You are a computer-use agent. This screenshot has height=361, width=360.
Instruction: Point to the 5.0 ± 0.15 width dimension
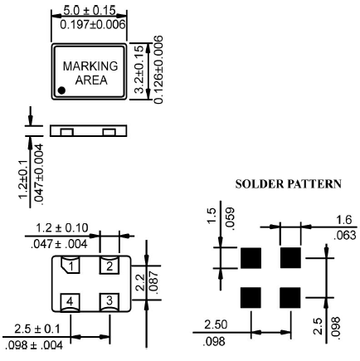coord(88,11)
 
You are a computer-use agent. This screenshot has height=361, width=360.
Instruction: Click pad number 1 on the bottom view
coord(74,266)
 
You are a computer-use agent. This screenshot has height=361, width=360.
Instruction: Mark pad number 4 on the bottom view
coord(74,300)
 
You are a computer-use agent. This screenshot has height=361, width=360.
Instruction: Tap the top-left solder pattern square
coord(251,258)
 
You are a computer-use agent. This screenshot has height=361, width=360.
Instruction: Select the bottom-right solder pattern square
coord(289,297)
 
